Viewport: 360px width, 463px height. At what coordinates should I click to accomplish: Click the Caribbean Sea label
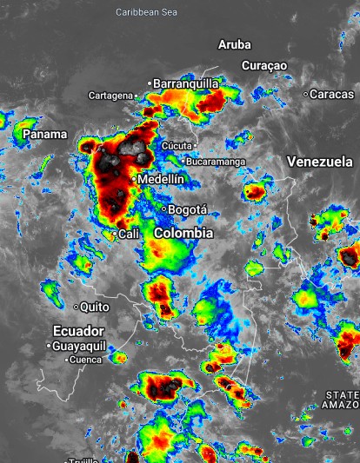pos(146,12)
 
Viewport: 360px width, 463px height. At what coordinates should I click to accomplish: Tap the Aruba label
pos(234,44)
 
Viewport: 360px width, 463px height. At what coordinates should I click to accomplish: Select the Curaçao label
pos(264,65)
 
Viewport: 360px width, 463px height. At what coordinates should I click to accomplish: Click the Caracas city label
pos(334,94)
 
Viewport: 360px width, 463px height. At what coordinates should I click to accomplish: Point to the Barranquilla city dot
pos(150,83)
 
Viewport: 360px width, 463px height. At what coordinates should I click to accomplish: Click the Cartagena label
pos(110,95)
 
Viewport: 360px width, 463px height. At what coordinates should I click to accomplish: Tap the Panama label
pos(44,134)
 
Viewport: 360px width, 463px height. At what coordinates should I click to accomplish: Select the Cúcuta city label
pos(177,145)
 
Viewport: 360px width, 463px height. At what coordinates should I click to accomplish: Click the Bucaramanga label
pos(216,162)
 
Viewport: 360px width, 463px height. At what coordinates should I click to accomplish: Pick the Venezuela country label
pos(319,162)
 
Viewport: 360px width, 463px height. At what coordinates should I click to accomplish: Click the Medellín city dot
pos(134,179)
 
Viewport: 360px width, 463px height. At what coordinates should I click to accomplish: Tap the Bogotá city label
pos(188,209)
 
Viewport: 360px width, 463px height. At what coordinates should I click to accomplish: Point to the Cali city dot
pos(115,234)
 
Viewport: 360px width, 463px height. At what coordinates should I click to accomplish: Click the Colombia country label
pos(183,233)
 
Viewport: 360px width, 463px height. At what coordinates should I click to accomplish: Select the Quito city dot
pos(77,307)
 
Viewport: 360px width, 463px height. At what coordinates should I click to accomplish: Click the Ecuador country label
pos(78,330)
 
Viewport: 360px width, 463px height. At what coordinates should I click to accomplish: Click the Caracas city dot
pos(306,94)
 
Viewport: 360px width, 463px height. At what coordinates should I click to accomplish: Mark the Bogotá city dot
pos(163,209)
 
